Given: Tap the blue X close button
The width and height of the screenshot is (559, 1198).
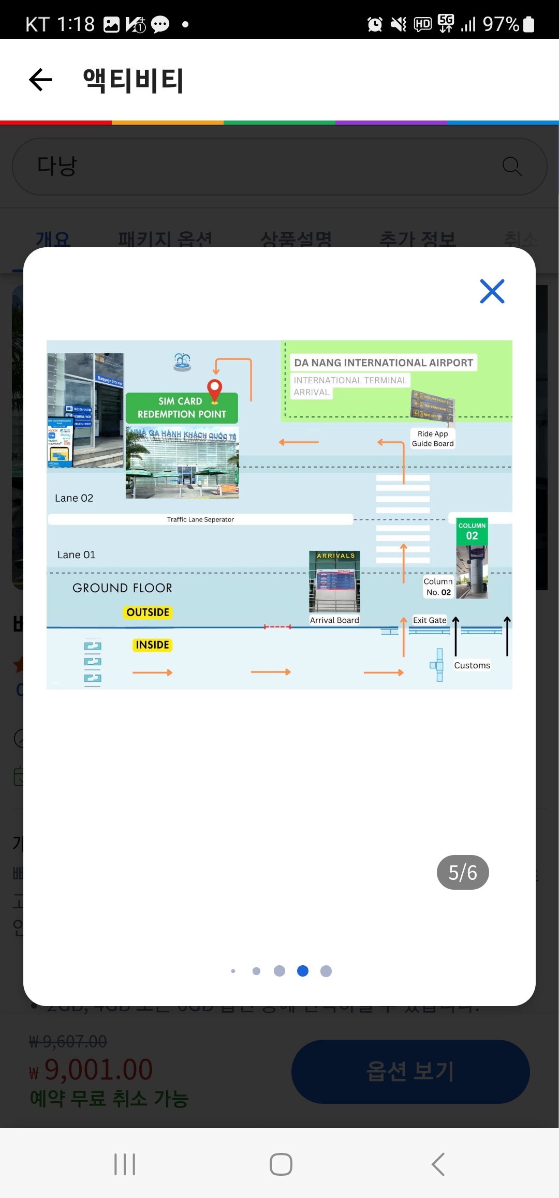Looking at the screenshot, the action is click(492, 291).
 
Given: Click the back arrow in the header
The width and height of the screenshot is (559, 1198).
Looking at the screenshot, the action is click(41, 80).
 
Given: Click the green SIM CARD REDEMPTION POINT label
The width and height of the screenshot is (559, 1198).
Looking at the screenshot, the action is click(182, 408).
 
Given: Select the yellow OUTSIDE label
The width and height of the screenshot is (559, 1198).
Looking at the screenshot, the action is click(148, 612).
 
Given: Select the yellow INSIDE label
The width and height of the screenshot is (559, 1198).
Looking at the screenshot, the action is click(152, 645).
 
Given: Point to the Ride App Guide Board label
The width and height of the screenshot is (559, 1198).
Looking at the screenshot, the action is click(433, 439).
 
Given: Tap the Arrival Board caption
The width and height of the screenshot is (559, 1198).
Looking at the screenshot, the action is click(334, 620).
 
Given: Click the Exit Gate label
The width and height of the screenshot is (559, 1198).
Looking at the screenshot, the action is click(430, 620).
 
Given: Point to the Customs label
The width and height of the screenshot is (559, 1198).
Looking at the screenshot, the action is click(472, 665).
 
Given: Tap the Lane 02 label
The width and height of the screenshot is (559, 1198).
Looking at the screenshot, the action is click(74, 498).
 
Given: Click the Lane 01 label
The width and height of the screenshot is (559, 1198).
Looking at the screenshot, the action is click(77, 555).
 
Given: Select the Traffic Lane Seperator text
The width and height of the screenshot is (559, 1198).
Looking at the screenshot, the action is click(200, 519).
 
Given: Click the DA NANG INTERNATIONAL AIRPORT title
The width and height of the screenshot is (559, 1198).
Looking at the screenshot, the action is click(384, 363).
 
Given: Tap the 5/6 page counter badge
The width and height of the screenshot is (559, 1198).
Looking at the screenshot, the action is click(463, 873).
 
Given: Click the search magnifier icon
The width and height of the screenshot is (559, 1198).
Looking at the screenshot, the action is click(512, 167).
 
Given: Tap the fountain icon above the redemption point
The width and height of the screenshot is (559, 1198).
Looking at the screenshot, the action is click(182, 362).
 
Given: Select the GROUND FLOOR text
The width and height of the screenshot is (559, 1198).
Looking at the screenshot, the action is click(122, 588).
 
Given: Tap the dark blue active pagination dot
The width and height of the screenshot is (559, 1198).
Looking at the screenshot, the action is click(303, 971).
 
